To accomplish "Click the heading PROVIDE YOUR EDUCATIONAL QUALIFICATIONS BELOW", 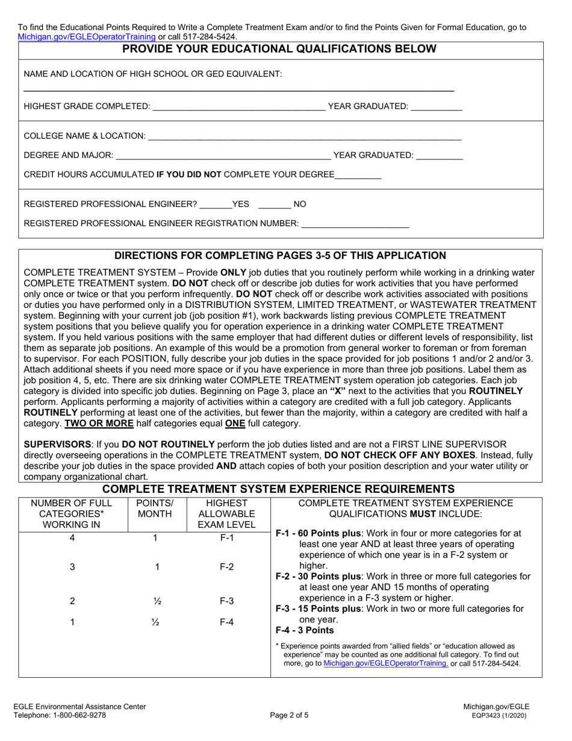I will coord(279,49).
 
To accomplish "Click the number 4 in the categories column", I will coord(72,538).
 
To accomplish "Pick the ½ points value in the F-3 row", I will coord(155,601).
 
